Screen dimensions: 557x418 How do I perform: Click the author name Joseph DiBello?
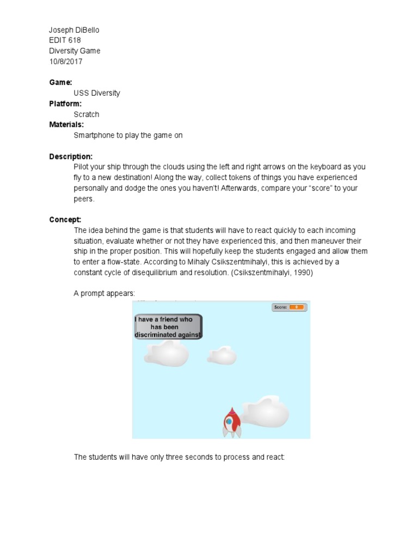[x=74, y=30]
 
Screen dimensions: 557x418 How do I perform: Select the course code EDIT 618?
[x=65, y=40]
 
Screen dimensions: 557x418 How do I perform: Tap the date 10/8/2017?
[x=66, y=61]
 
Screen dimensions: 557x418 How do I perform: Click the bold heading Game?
[x=60, y=82]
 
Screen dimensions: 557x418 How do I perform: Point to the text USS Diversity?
[x=97, y=93]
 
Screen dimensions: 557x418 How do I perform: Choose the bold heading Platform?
[x=65, y=103]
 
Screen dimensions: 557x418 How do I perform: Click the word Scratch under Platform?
[x=87, y=114]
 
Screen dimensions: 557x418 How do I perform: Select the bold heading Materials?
[x=66, y=125]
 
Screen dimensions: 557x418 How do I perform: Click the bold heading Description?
[x=71, y=157]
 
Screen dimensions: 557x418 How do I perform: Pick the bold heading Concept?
[x=65, y=220]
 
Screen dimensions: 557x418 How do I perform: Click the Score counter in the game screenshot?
[x=289, y=307]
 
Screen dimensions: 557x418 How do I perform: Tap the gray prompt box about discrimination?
[x=168, y=327]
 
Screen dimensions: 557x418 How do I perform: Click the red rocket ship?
[x=231, y=423]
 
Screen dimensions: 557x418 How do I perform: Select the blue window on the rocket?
[x=230, y=421]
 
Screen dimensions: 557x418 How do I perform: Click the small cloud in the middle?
[x=222, y=356]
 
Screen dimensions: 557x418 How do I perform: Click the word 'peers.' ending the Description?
[x=84, y=199]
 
